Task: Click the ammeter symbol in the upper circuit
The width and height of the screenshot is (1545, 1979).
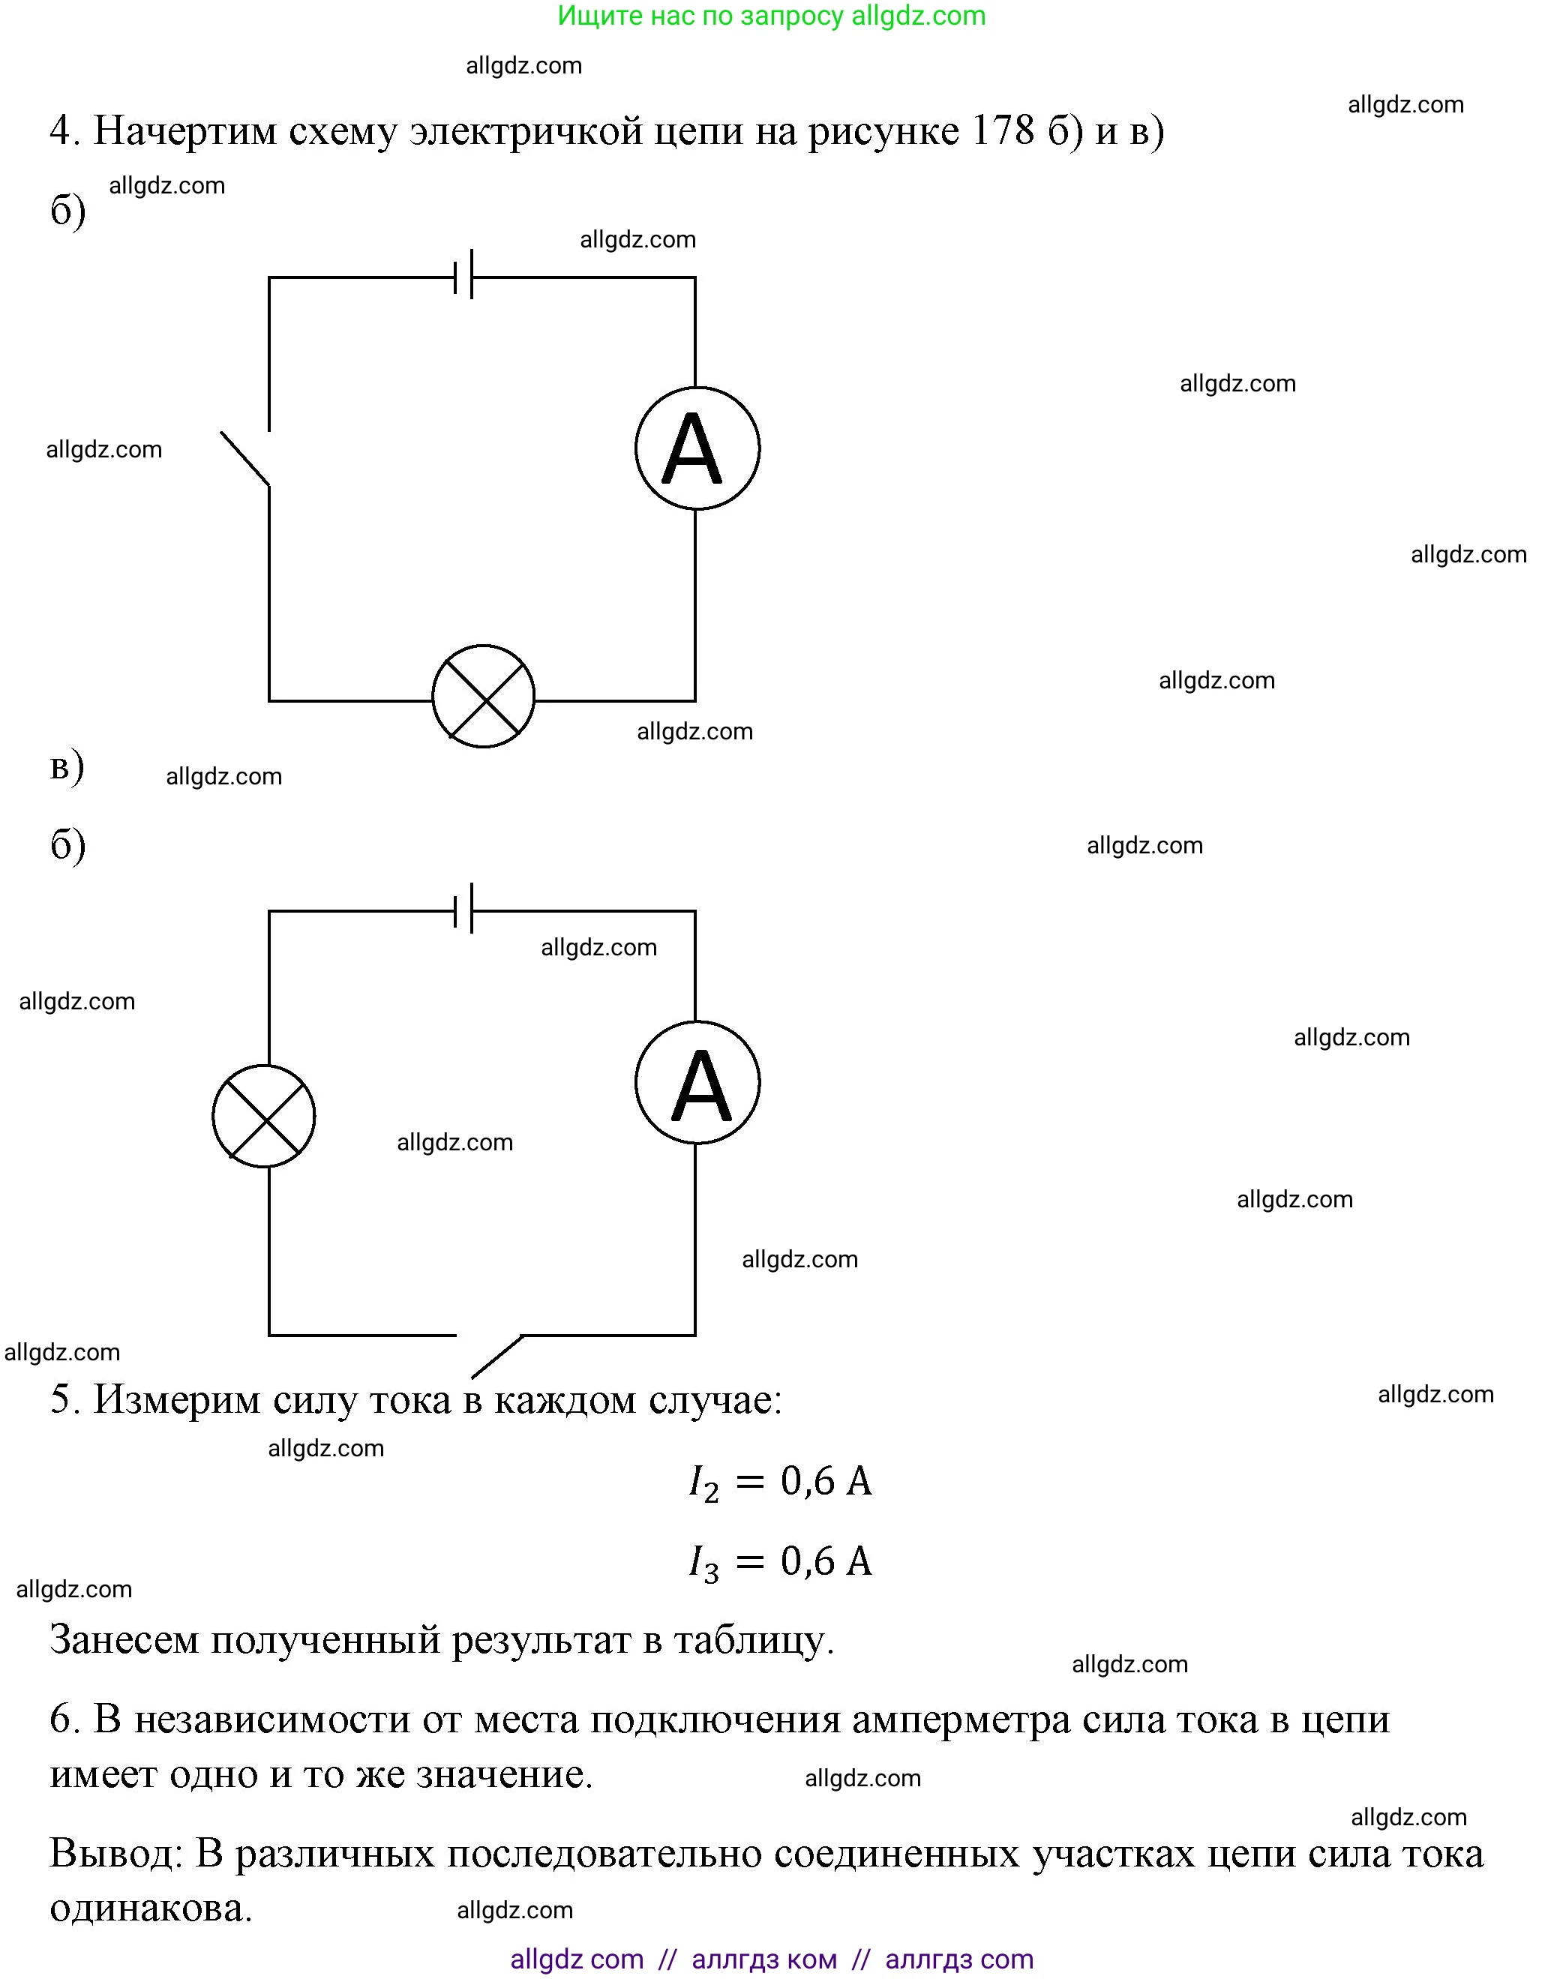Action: [x=697, y=448]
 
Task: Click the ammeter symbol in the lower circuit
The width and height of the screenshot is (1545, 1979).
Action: [x=697, y=1083]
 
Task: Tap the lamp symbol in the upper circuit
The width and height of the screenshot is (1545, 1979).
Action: [x=483, y=696]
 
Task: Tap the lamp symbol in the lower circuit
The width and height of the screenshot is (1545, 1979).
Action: [x=264, y=1115]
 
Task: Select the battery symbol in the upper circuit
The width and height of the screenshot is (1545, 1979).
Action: [x=463, y=274]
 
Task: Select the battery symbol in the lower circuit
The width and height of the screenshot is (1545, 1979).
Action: [x=463, y=908]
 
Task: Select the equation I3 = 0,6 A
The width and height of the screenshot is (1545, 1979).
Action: [x=779, y=1562]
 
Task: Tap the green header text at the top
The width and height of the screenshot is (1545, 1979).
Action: [x=771, y=16]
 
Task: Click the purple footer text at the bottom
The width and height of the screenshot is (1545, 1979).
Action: [x=771, y=1960]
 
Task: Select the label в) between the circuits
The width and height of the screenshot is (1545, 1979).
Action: [x=66, y=766]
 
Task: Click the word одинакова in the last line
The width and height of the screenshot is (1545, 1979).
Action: [x=151, y=1909]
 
